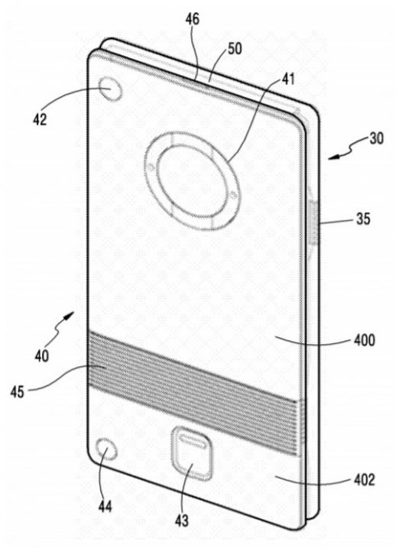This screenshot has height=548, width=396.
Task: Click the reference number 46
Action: tap(192, 19)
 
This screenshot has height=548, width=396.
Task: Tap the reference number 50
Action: tap(235, 49)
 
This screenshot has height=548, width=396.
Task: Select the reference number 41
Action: tap(288, 79)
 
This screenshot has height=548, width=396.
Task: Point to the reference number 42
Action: tap(40, 119)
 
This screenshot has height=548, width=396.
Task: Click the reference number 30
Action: tap(376, 138)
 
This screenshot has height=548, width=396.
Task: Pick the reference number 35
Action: tap(363, 219)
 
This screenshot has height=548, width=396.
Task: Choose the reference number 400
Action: tap(365, 339)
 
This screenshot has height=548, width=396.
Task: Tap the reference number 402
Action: tap(365, 479)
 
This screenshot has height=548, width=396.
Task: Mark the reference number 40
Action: tap(41, 356)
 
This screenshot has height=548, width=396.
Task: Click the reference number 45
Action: tap(17, 392)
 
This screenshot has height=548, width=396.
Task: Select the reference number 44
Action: tap(105, 506)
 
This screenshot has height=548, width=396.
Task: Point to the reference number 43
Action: tap(182, 520)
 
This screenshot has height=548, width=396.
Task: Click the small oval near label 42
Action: tap(110, 89)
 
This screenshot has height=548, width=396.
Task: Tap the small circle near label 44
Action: tap(107, 449)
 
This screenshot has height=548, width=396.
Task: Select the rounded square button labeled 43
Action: tap(192, 453)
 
